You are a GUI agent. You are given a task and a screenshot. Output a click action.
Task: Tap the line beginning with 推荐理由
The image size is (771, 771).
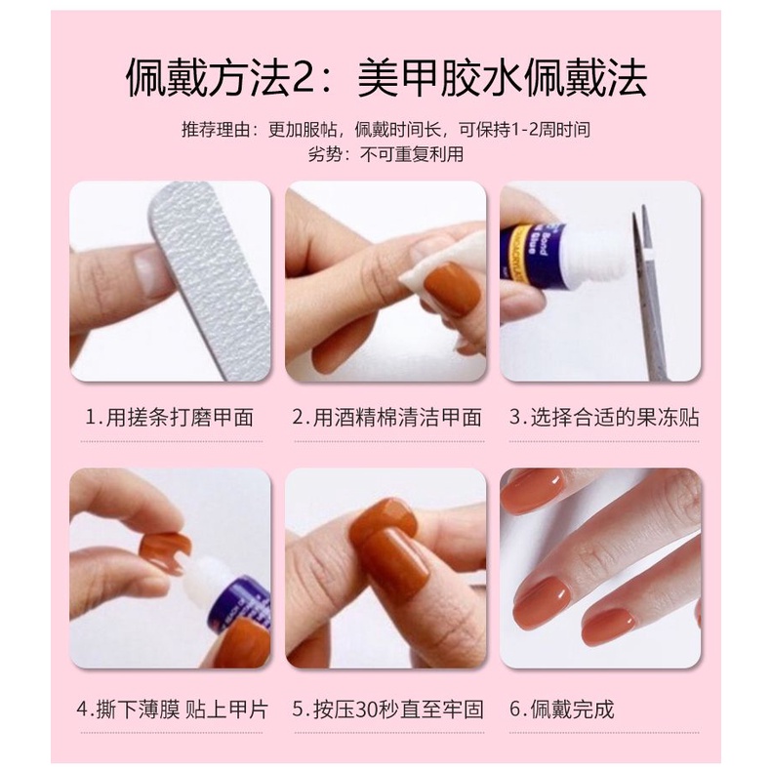385,129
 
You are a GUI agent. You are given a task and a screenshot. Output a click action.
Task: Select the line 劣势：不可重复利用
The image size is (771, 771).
385,154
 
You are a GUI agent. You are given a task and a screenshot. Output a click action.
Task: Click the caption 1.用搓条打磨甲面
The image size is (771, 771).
169,418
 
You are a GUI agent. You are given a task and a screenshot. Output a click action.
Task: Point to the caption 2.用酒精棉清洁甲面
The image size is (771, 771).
386,418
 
